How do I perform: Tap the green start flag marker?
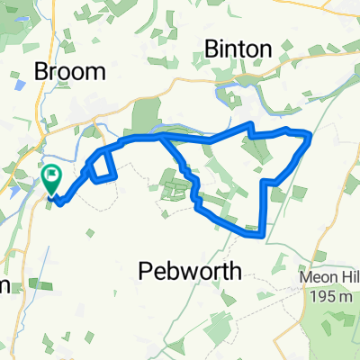[x=51, y=175]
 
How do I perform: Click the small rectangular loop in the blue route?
[x=103, y=166]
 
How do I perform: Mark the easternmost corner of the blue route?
[x=310, y=137]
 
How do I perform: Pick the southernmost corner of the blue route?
[x=262, y=238]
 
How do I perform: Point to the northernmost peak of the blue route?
[x=251, y=122]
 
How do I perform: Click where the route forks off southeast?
[x=163, y=138]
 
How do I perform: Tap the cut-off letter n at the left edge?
[x=4, y=286]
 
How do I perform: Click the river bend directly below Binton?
[x=225, y=90]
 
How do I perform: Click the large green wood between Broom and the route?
[x=144, y=118]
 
